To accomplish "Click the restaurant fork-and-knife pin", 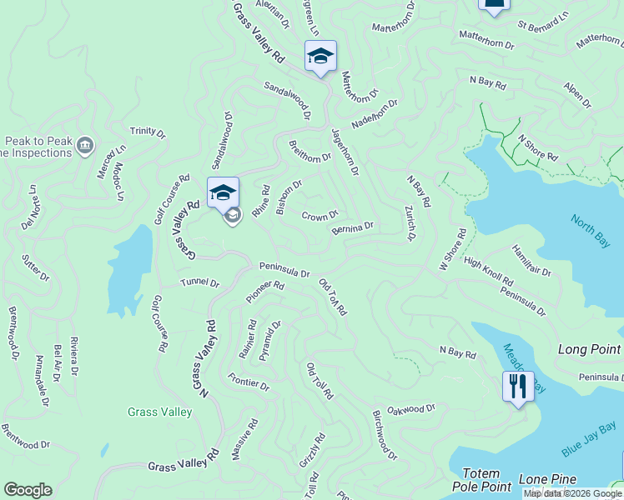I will (518, 386).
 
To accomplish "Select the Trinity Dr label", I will (148, 132).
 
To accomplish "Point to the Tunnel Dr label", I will (200, 283).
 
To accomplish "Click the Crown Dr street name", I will (320, 217).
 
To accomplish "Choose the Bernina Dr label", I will (352, 227).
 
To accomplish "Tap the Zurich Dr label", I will (410, 223).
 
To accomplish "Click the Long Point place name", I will (589, 350).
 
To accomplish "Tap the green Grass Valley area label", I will (159, 412).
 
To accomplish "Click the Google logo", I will (28, 490).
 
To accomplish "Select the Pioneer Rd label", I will (265, 292).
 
